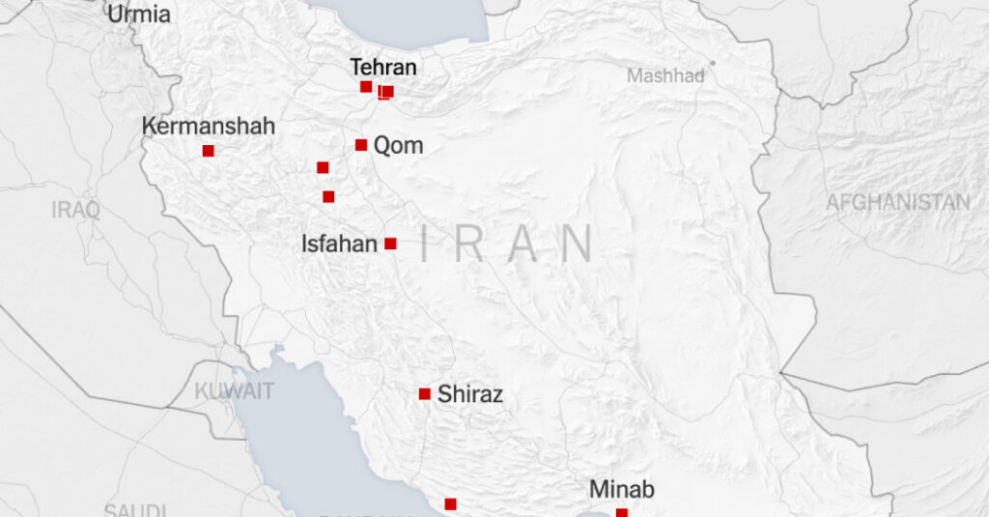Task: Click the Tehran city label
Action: [383, 68]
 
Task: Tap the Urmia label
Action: [139, 14]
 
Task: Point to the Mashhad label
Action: [665, 75]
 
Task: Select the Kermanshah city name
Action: [209, 127]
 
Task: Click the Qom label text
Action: [398, 146]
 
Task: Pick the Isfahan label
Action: [339, 244]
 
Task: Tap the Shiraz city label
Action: [469, 394]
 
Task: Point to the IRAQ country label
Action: [76, 211]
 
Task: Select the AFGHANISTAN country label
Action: [897, 202]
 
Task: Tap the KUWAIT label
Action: [235, 391]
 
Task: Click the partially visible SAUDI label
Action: [135, 509]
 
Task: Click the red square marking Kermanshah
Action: [208, 151]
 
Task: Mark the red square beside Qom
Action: [361, 145]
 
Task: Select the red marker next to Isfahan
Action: [390, 244]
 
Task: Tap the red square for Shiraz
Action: [424, 393]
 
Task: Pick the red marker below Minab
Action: [621, 512]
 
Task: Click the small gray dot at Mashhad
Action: [713, 63]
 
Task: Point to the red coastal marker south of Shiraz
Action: [450, 503]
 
